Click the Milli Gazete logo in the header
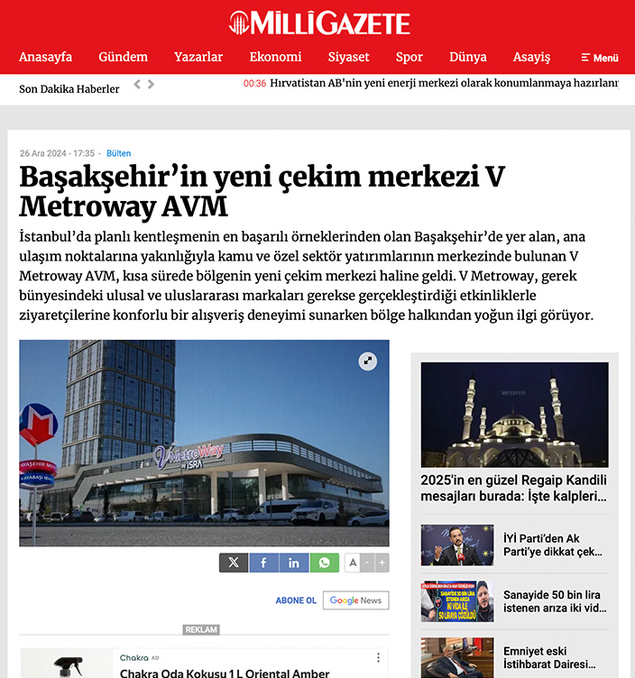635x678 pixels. [x=319, y=23]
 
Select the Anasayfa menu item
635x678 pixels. [x=45, y=57]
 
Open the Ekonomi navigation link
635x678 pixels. [x=275, y=57]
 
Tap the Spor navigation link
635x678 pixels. [x=409, y=57]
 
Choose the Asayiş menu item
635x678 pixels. [x=531, y=57]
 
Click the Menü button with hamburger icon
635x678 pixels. [x=600, y=58]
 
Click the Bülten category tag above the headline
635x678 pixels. [x=118, y=153]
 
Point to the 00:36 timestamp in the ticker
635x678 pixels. [x=254, y=84]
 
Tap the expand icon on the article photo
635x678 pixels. [x=367, y=361]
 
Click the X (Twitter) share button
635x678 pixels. [x=234, y=563]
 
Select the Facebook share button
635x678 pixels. [x=263, y=563]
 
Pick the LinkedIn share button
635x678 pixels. [x=294, y=563]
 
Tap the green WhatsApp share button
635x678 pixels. [x=325, y=563]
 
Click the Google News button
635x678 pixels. [x=355, y=600]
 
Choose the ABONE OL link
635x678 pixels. [x=296, y=600]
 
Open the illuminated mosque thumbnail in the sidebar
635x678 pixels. [x=514, y=414]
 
